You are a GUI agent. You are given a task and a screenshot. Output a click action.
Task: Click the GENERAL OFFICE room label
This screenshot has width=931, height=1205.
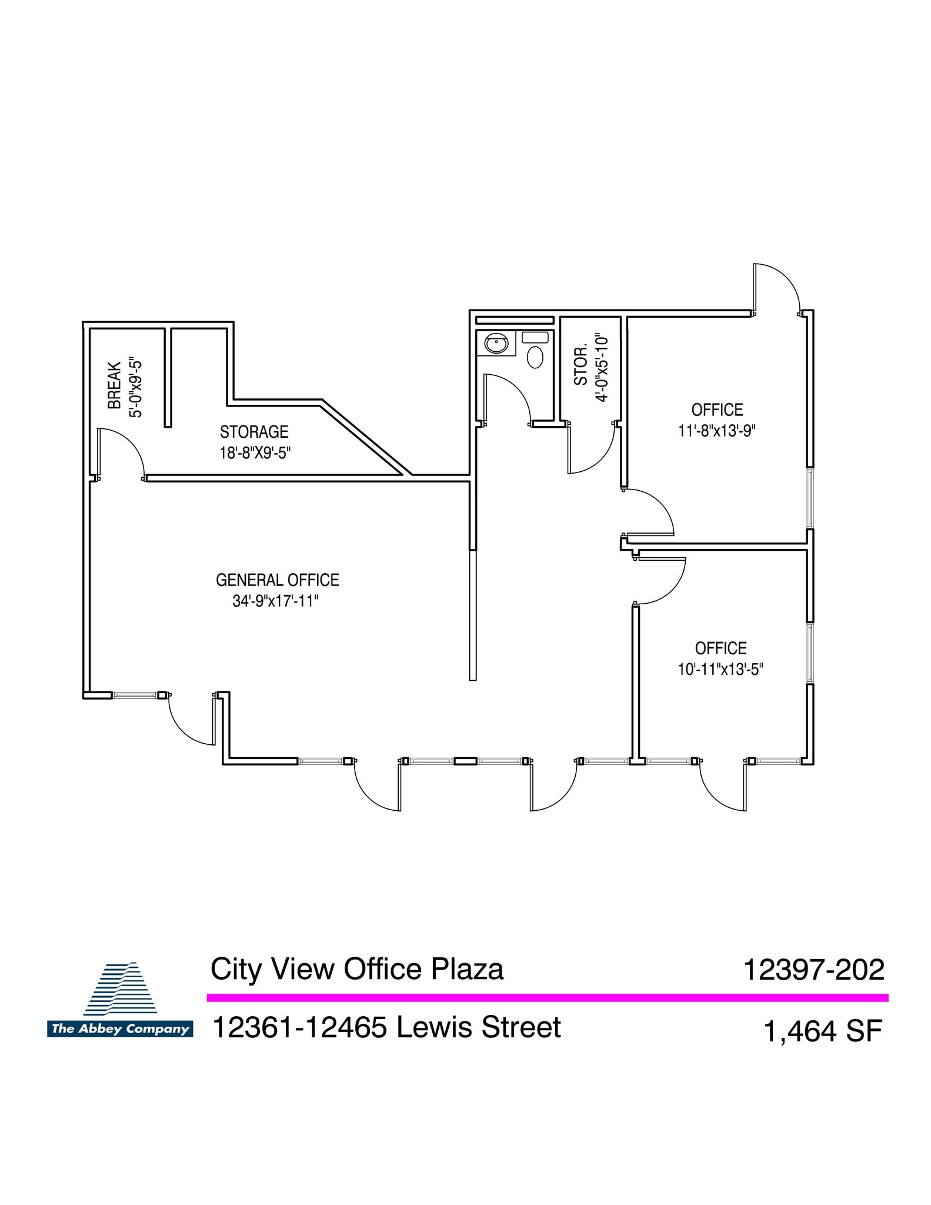pos(278,580)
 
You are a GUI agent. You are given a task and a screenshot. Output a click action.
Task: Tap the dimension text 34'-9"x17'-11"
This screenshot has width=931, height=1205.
pos(275,601)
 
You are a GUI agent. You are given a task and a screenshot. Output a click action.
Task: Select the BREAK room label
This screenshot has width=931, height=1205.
pos(115,385)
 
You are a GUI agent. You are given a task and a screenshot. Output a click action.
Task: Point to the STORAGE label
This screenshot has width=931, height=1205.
pos(254,432)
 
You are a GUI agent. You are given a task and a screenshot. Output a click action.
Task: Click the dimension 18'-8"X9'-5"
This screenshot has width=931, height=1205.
pos(255,453)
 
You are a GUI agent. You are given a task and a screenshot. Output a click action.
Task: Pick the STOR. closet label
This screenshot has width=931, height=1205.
pos(581,366)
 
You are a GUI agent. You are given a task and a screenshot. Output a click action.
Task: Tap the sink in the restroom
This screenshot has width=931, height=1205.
pos(496,343)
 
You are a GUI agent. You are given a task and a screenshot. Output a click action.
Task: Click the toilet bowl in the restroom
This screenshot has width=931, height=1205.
pos(535,357)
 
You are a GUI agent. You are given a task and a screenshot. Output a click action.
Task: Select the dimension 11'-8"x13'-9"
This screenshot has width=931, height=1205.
pos(717,431)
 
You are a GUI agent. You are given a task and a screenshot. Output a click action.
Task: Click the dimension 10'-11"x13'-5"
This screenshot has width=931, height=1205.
pos(720,669)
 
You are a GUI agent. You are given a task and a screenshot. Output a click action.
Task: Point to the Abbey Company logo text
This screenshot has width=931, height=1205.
pos(120,1029)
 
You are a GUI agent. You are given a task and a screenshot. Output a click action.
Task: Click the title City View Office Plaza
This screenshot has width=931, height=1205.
pos(357,969)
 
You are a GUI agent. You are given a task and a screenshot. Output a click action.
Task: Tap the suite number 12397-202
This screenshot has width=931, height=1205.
pos(814,970)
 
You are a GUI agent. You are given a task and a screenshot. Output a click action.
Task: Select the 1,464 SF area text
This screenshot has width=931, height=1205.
pos(823,1031)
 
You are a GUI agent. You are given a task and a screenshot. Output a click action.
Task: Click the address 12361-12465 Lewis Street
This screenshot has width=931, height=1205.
pos(386,1027)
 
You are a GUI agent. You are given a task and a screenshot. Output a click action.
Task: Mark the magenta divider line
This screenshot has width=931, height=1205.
pos(547,997)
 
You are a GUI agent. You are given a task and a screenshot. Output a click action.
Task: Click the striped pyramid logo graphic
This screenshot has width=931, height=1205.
pos(121,988)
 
